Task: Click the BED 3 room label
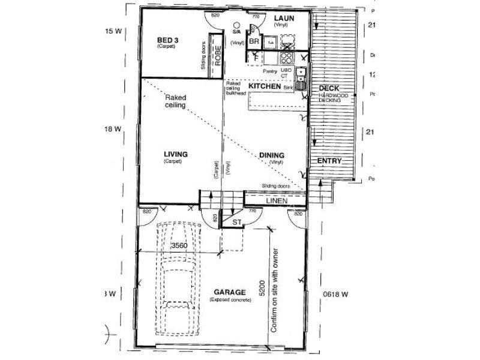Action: click(x=167, y=40)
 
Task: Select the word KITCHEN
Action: click(x=265, y=87)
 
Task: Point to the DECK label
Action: click(x=329, y=89)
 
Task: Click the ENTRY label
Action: click(x=329, y=161)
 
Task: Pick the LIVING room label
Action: click(x=175, y=154)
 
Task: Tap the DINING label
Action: click(x=272, y=155)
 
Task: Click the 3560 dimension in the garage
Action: click(x=179, y=246)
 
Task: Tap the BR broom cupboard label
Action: click(x=253, y=41)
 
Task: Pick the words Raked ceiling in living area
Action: click(x=175, y=101)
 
